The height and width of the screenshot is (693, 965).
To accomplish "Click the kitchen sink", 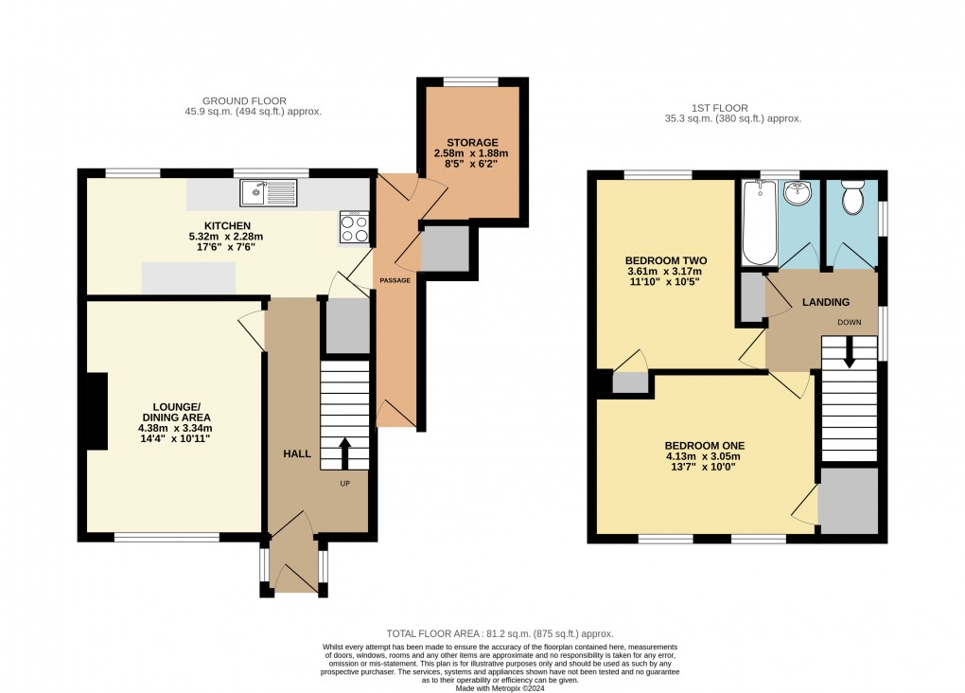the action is point(269,193).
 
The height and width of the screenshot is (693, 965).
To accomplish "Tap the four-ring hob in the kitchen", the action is point(355,226).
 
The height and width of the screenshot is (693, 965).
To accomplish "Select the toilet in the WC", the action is point(853,197).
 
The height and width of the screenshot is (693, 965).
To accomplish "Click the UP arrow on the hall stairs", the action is point(344,454).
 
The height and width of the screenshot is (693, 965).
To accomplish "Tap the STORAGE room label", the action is point(473,142).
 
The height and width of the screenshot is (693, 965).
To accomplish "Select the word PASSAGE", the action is point(395,280).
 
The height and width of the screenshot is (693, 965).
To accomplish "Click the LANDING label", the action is point(826,302).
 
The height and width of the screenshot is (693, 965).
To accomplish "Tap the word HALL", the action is point(297,453).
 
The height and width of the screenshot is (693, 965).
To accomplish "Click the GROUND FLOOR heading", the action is point(244,101).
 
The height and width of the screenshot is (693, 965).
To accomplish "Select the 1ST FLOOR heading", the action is point(720,108).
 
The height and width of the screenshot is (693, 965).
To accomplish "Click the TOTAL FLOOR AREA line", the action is point(500,633).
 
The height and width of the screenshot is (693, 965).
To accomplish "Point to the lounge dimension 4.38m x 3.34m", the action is point(175,428).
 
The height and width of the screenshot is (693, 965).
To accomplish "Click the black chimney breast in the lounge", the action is point(97,411).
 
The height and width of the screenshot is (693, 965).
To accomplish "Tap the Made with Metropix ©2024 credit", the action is point(500,688).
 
